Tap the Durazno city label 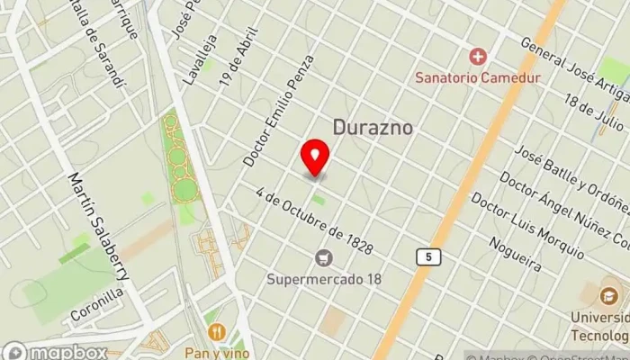[x=373, y=128]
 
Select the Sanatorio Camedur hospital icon [x=477, y=57]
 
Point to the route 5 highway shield [x=429, y=257]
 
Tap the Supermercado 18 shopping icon [x=324, y=258]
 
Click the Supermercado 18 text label [x=324, y=278]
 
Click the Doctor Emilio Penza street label [x=279, y=110]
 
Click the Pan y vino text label [x=217, y=352]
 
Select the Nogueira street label [x=516, y=254]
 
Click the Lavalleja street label [x=199, y=58]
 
